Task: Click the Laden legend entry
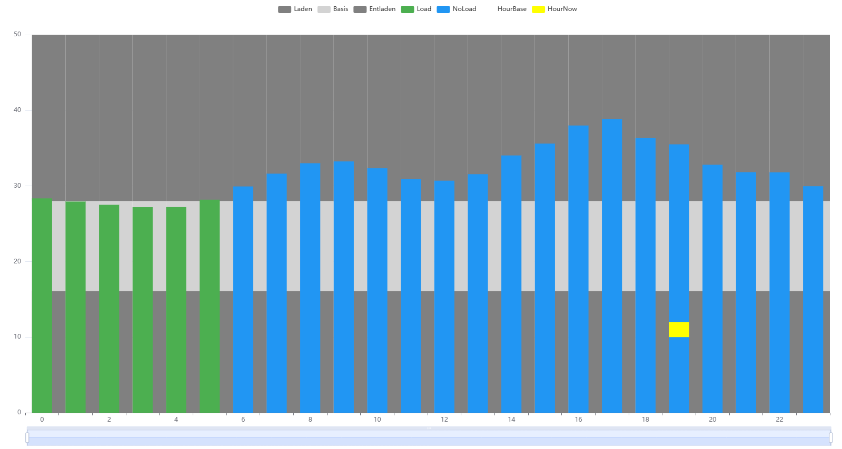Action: point(295,9)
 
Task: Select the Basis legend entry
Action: point(333,9)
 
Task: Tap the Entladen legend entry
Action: point(374,9)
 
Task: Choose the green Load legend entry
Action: point(416,9)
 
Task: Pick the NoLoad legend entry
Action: point(457,9)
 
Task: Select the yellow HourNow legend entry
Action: point(554,9)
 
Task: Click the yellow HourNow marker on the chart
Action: point(679,330)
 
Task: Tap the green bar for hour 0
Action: point(42,305)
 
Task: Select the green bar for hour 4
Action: point(176,310)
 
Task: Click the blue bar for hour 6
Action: point(243,300)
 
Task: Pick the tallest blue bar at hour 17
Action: point(612,263)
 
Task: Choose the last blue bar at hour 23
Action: point(813,300)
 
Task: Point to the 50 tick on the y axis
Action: point(18,35)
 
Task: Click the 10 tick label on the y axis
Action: point(18,337)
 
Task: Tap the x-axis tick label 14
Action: point(511,420)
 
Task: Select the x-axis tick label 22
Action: point(779,420)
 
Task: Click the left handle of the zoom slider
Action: point(27,437)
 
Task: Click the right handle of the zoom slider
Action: point(830,437)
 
